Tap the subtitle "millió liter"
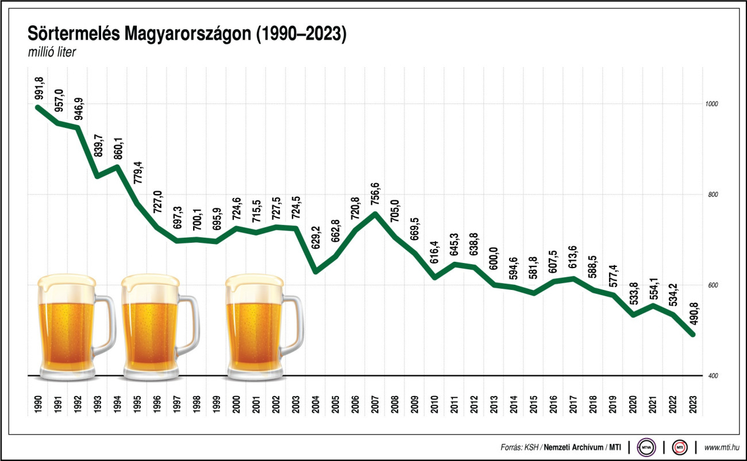click(x=52, y=53)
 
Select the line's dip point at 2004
click(x=315, y=272)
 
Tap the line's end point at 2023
click(x=693, y=335)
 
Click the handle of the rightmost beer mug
click(x=293, y=324)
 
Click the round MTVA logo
click(x=648, y=447)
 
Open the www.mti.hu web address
click(x=721, y=447)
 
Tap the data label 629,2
click(x=315, y=242)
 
